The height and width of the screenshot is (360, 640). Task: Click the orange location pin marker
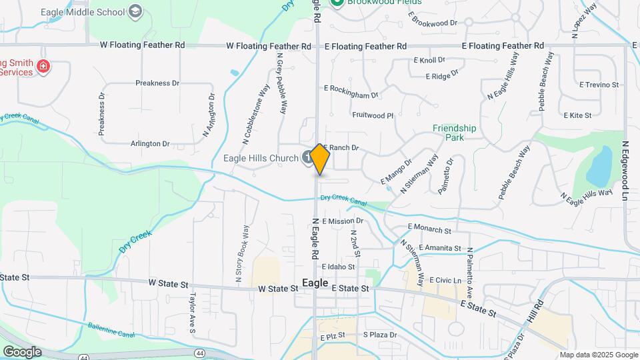320,159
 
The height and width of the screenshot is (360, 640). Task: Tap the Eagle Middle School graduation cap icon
136,11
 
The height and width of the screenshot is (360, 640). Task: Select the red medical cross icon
43,66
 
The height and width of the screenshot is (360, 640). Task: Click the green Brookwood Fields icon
337,3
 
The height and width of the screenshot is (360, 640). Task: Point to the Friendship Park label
454,133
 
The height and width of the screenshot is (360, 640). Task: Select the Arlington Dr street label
150,143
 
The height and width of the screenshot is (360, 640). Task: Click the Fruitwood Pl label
373,115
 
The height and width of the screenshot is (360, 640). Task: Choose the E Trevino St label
599,85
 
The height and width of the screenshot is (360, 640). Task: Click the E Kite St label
577,115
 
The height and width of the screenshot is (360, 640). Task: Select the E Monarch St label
429,228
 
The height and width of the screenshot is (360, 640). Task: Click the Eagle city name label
315,283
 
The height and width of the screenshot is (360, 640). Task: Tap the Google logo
21,351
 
